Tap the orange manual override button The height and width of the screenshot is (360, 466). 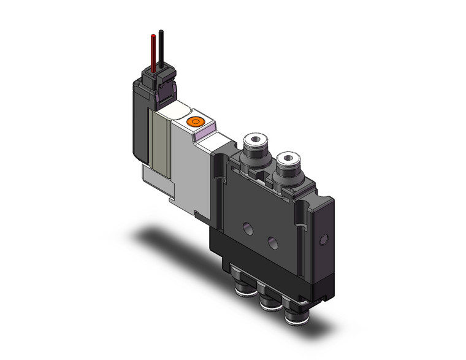(196, 121)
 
